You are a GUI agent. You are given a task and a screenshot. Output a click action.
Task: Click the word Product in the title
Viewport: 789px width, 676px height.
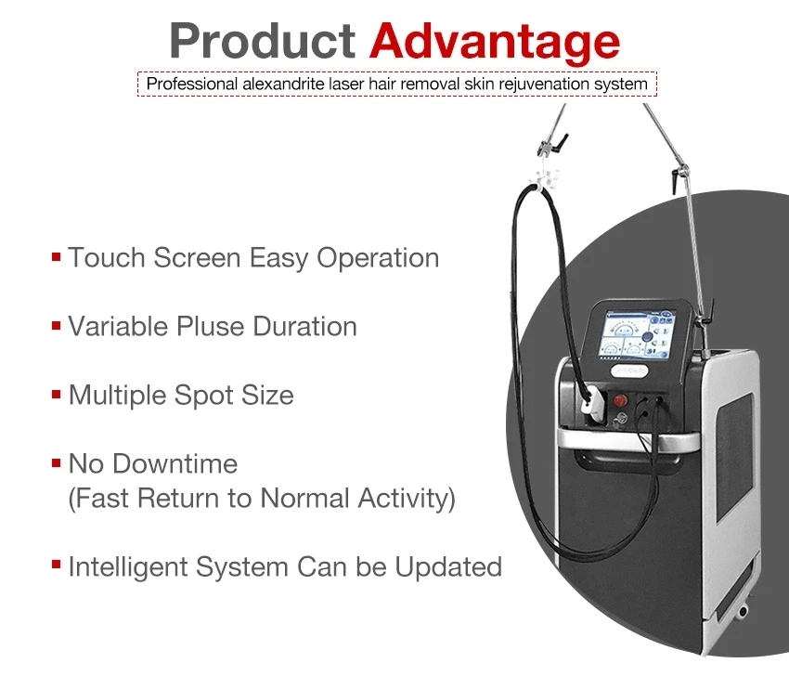pos(263,41)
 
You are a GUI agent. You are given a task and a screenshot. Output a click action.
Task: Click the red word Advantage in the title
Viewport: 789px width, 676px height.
pos(495,41)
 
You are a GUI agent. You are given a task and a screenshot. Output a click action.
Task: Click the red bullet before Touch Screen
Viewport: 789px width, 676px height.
pos(57,255)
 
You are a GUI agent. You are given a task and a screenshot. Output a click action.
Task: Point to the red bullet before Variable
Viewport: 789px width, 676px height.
pos(57,325)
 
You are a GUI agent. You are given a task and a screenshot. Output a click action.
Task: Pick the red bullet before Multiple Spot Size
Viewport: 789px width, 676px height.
pos(57,394)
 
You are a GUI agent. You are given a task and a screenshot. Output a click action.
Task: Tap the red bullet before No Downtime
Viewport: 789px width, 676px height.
pos(57,461)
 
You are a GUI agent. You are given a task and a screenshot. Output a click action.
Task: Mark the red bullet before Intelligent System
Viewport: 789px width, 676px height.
pos(57,565)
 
